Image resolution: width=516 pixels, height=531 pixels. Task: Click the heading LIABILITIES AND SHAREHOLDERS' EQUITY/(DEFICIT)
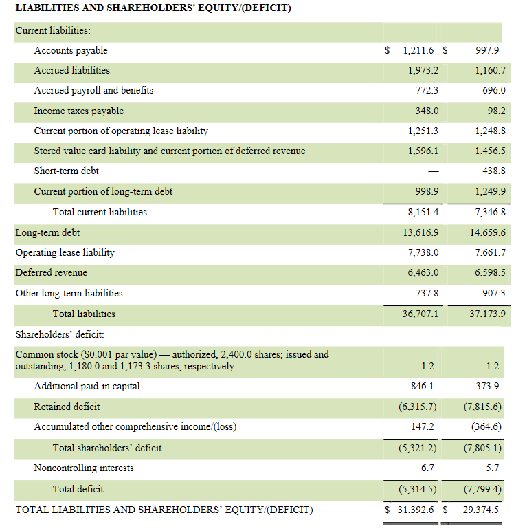coord(153,8)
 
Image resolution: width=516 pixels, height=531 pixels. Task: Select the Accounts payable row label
coord(71,50)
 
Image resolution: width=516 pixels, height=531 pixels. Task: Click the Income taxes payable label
coord(79,111)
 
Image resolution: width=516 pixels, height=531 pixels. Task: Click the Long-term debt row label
coord(47,232)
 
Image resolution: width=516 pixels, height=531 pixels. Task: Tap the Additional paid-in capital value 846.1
coord(427,386)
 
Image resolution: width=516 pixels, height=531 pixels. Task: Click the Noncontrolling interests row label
coord(84,468)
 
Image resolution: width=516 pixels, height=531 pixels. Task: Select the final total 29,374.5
coord(481,510)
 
